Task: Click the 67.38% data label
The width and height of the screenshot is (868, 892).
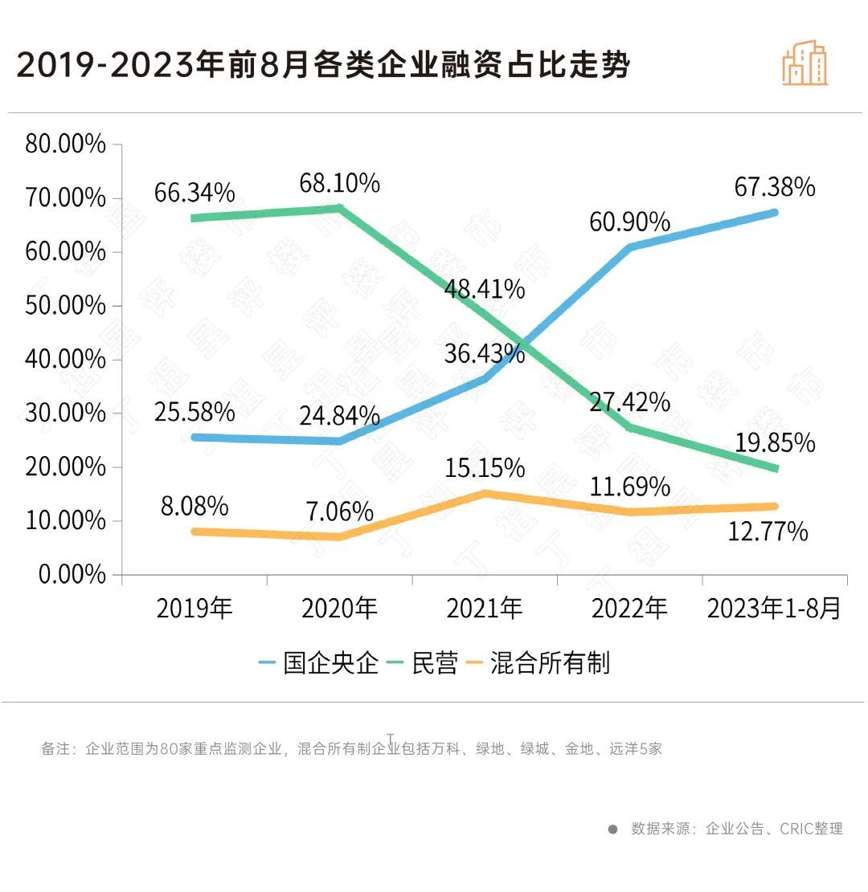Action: click(x=775, y=187)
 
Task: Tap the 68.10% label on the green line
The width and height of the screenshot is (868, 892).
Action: click(x=339, y=183)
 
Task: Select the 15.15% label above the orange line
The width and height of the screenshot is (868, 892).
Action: click(x=485, y=467)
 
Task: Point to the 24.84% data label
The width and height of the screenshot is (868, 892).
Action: click(x=339, y=416)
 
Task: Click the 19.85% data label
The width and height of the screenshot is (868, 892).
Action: click(x=775, y=442)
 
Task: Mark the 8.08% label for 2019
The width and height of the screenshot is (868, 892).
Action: click(x=194, y=507)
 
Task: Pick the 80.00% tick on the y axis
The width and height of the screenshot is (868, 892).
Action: click(x=66, y=145)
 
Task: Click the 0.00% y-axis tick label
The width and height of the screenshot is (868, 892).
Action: click(x=72, y=575)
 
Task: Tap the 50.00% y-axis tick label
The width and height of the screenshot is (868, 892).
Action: click(x=66, y=306)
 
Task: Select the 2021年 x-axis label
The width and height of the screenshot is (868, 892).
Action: click(x=485, y=609)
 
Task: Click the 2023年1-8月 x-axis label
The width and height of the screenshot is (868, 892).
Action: click(x=775, y=609)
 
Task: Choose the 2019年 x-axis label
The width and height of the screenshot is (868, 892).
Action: click(x=194, y=609)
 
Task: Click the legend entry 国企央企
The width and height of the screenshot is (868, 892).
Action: click(x=330, y=663)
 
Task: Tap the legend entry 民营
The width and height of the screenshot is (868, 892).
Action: click(x=435, y=663)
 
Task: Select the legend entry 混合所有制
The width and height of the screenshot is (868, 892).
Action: click(x=550, y=663)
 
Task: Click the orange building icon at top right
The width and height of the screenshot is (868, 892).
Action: click(x=805, y=63)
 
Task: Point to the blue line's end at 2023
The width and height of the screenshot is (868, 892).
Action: click(x=775, y=213)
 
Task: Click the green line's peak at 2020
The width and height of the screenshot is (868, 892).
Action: click(x=339, y=208)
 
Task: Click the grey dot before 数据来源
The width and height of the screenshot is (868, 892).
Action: click(x=612, y=829)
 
